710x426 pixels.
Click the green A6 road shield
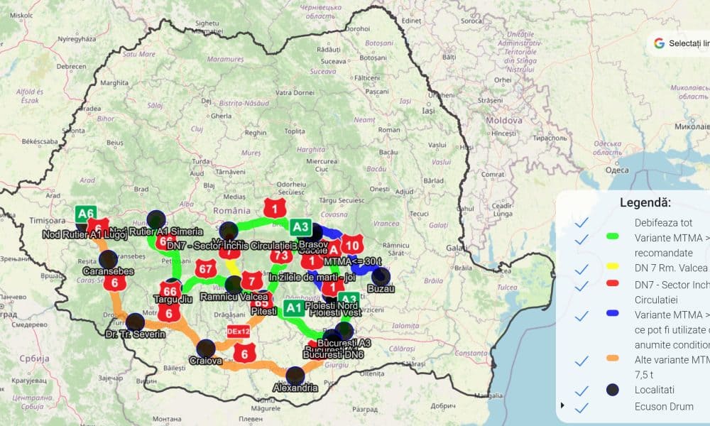(87, 213)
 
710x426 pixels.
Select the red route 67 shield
(207, 268)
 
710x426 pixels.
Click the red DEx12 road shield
(239, 332)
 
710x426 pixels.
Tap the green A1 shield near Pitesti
(293, 308)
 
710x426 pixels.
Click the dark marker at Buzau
(381, 275)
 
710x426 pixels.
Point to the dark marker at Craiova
(206, 348)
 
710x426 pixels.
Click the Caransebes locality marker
(108, 258)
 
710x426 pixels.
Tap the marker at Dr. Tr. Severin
(133, 321)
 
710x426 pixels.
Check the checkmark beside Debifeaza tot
(582, 222)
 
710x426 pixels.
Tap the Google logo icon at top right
(659, 43)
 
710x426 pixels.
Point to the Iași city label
(427, 111)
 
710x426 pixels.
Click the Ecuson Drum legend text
(664, 407)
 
